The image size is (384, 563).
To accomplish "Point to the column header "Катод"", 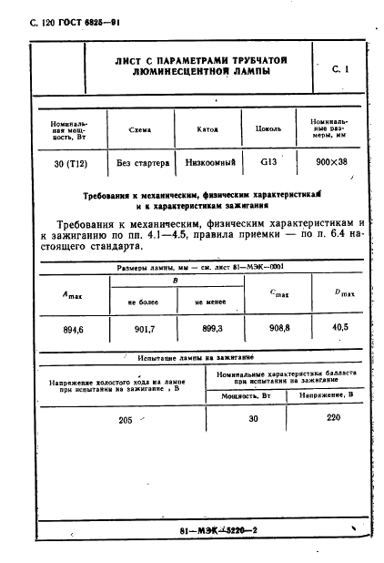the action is (x=207, y=128).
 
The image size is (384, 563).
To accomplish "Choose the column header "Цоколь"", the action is (x=269, y=128).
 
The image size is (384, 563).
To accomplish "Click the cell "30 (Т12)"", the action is (x=66, y=162).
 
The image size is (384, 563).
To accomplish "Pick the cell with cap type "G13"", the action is (x=268, y=162).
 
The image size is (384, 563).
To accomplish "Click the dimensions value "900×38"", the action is (x=337, y=162).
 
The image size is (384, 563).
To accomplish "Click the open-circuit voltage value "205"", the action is (x=125, y=418).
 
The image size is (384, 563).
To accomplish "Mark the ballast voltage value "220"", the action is (x=333, y=418).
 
